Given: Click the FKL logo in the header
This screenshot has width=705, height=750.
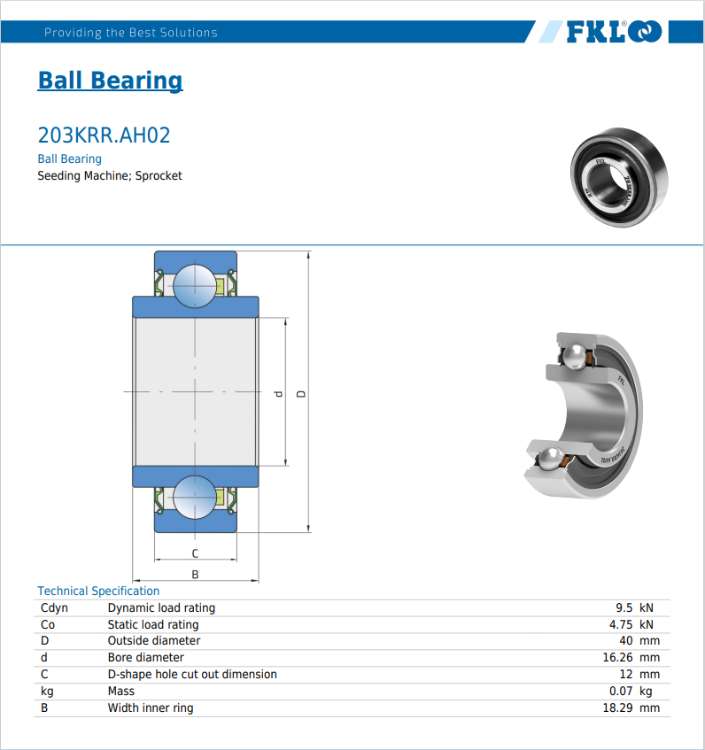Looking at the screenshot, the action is click(x=614, y=32).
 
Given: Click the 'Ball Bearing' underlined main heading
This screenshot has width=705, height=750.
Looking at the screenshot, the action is click(x=110, y=81).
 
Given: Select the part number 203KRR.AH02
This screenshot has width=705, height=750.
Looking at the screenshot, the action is click(x=104, y=135).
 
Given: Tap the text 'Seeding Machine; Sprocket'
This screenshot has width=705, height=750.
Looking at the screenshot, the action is click(x=110, y=175).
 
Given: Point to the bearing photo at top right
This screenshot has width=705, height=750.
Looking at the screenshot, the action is click(x=619, y=177).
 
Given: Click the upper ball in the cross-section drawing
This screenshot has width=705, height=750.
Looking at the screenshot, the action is click(x=195, y=286).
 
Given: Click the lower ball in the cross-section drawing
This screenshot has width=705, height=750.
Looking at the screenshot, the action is click(x=195, y=497).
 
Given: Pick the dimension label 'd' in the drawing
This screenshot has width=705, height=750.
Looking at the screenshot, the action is click(x=278, y=394).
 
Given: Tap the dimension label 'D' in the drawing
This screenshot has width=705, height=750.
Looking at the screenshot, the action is click(x=301, y=394).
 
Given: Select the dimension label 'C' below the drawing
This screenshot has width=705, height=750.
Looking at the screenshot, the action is click(x=195, y=553).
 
